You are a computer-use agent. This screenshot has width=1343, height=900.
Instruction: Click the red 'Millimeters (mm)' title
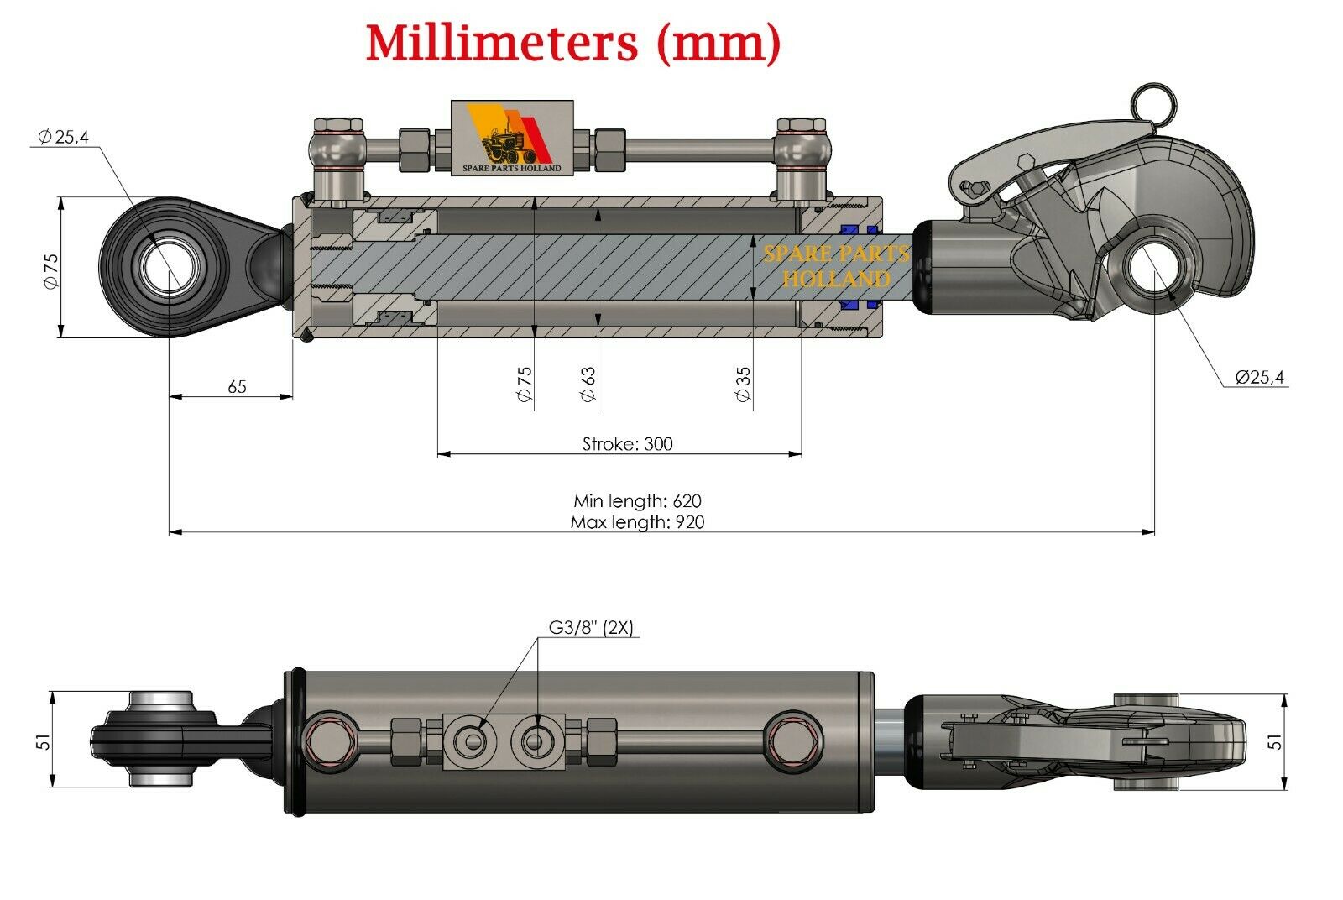pyautogui.click(x=573, y=43)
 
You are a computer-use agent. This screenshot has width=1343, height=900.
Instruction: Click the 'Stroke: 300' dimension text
pyautogui.click(x=627, y=444)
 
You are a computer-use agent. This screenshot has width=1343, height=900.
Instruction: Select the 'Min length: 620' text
pyautogui.click(x=637, y=501)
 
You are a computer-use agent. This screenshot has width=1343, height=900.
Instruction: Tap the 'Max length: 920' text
pyautogui.click(x=637, y=522)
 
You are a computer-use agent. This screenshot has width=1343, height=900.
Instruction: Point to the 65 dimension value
pyautogui.click(x=237, y=386)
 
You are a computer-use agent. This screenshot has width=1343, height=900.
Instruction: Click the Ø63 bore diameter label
pyautogui.click(x=588, y=384)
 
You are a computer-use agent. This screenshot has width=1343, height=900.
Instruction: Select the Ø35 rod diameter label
pyautogui.click(x=744, y=384)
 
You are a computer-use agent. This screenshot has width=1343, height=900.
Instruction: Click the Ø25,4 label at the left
pyautogui.click(x=64, y=137)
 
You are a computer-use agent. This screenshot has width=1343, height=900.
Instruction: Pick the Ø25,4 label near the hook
pyautogui.click(x=1259, y=378)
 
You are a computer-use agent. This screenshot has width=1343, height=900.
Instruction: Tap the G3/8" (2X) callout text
pyautogui.click(x=591, y=627)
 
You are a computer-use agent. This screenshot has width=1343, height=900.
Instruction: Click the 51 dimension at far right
pyautogui.click(x=1274, y=741)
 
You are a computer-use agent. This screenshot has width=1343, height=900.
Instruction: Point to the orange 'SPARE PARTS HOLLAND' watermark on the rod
pyautogui.click(x=836, y=266)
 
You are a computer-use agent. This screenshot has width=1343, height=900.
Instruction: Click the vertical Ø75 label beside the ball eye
pyautogui.click(x=50, y=270)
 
